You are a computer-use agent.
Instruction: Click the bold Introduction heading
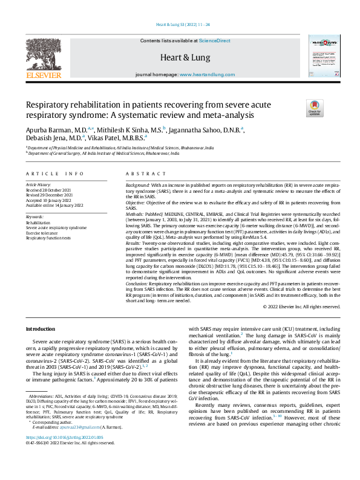click(x=40, y=328)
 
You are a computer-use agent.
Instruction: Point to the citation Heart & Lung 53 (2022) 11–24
click(x=179, y=25)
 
